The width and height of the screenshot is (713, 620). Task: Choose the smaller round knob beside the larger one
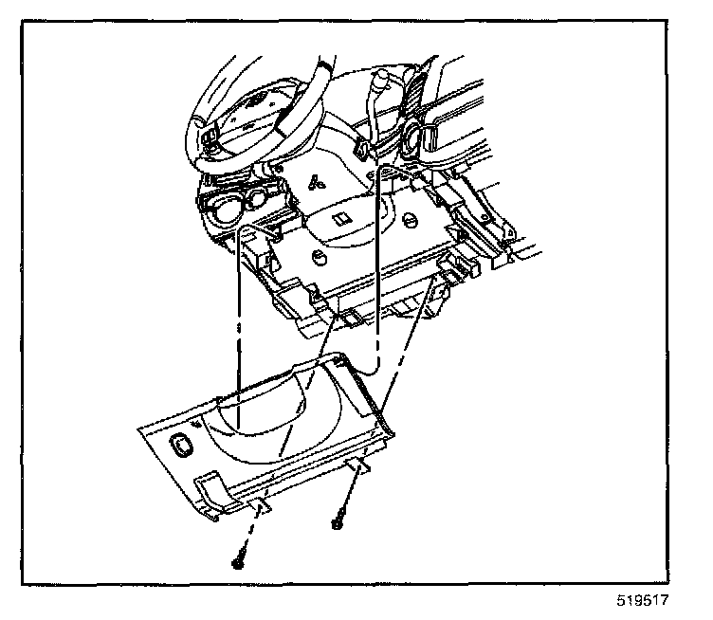[256, 199]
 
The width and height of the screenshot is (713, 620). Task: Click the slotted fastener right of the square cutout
[409, 219]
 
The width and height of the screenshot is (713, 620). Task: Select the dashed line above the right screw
[349, 494]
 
